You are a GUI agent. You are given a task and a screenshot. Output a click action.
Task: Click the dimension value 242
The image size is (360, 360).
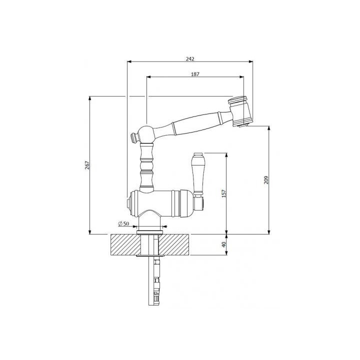pos(190,58)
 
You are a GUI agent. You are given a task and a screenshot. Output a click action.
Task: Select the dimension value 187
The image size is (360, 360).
pos(195,74)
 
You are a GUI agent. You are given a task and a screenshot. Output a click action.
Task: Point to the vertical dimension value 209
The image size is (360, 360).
pos(266,179)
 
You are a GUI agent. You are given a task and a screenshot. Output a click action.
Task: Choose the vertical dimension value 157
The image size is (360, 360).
pos(224,193)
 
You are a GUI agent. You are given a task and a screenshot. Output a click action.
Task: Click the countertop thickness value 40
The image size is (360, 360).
pos(224,245)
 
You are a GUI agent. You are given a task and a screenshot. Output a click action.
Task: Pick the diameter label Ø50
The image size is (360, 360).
pos(123,223)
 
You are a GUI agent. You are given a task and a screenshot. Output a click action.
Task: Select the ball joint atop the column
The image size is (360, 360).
pos(147,133)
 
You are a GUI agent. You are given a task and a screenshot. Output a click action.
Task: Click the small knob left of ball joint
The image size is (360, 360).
pos(134,136)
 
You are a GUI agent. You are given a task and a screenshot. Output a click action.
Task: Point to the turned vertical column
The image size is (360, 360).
pos(146,165)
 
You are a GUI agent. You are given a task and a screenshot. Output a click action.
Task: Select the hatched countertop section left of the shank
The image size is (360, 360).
pos(122,245)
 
